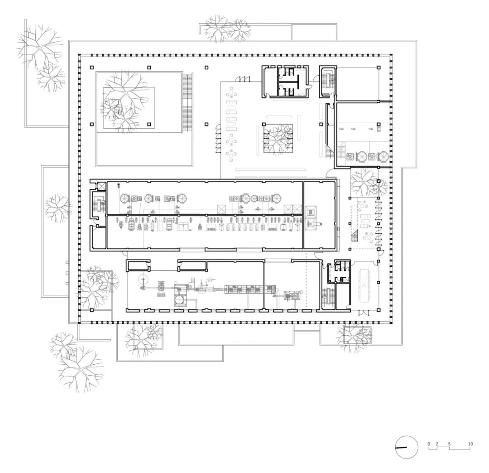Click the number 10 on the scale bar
[x=470, y=444]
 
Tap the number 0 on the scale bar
[x=429, y=444]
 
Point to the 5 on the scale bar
[x=450, y=444]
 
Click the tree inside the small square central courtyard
[x=278, y=138]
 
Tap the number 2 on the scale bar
[x=437, y=444]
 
